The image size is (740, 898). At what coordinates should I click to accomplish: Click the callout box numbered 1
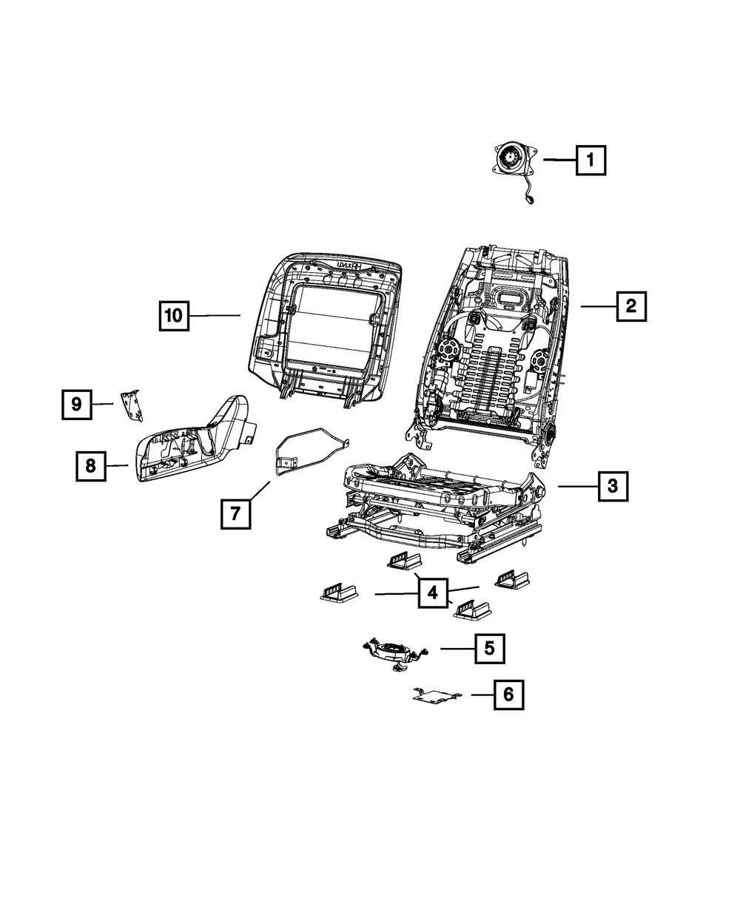(x=591, y=160)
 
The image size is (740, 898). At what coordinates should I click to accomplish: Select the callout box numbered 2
(x=630, y=305)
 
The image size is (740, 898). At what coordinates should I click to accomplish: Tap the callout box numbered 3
(x=613, y=486)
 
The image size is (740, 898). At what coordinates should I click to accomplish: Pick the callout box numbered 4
(x=433, y=593)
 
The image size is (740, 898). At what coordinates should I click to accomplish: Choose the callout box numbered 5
(x=489, y=648)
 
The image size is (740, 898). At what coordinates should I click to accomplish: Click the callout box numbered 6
(x=508, y=695)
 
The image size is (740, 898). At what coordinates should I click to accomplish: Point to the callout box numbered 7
(x=235, y=513)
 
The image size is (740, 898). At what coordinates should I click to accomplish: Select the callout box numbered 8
(x=90, y=465)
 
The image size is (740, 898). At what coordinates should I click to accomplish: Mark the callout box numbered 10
(x=173, y=316)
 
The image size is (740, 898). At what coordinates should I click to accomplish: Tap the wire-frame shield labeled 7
(x=307, y=450)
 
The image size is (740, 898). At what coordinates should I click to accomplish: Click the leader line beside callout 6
(x=482, y=695)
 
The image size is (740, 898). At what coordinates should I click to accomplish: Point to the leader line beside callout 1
(x=559, y=160)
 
